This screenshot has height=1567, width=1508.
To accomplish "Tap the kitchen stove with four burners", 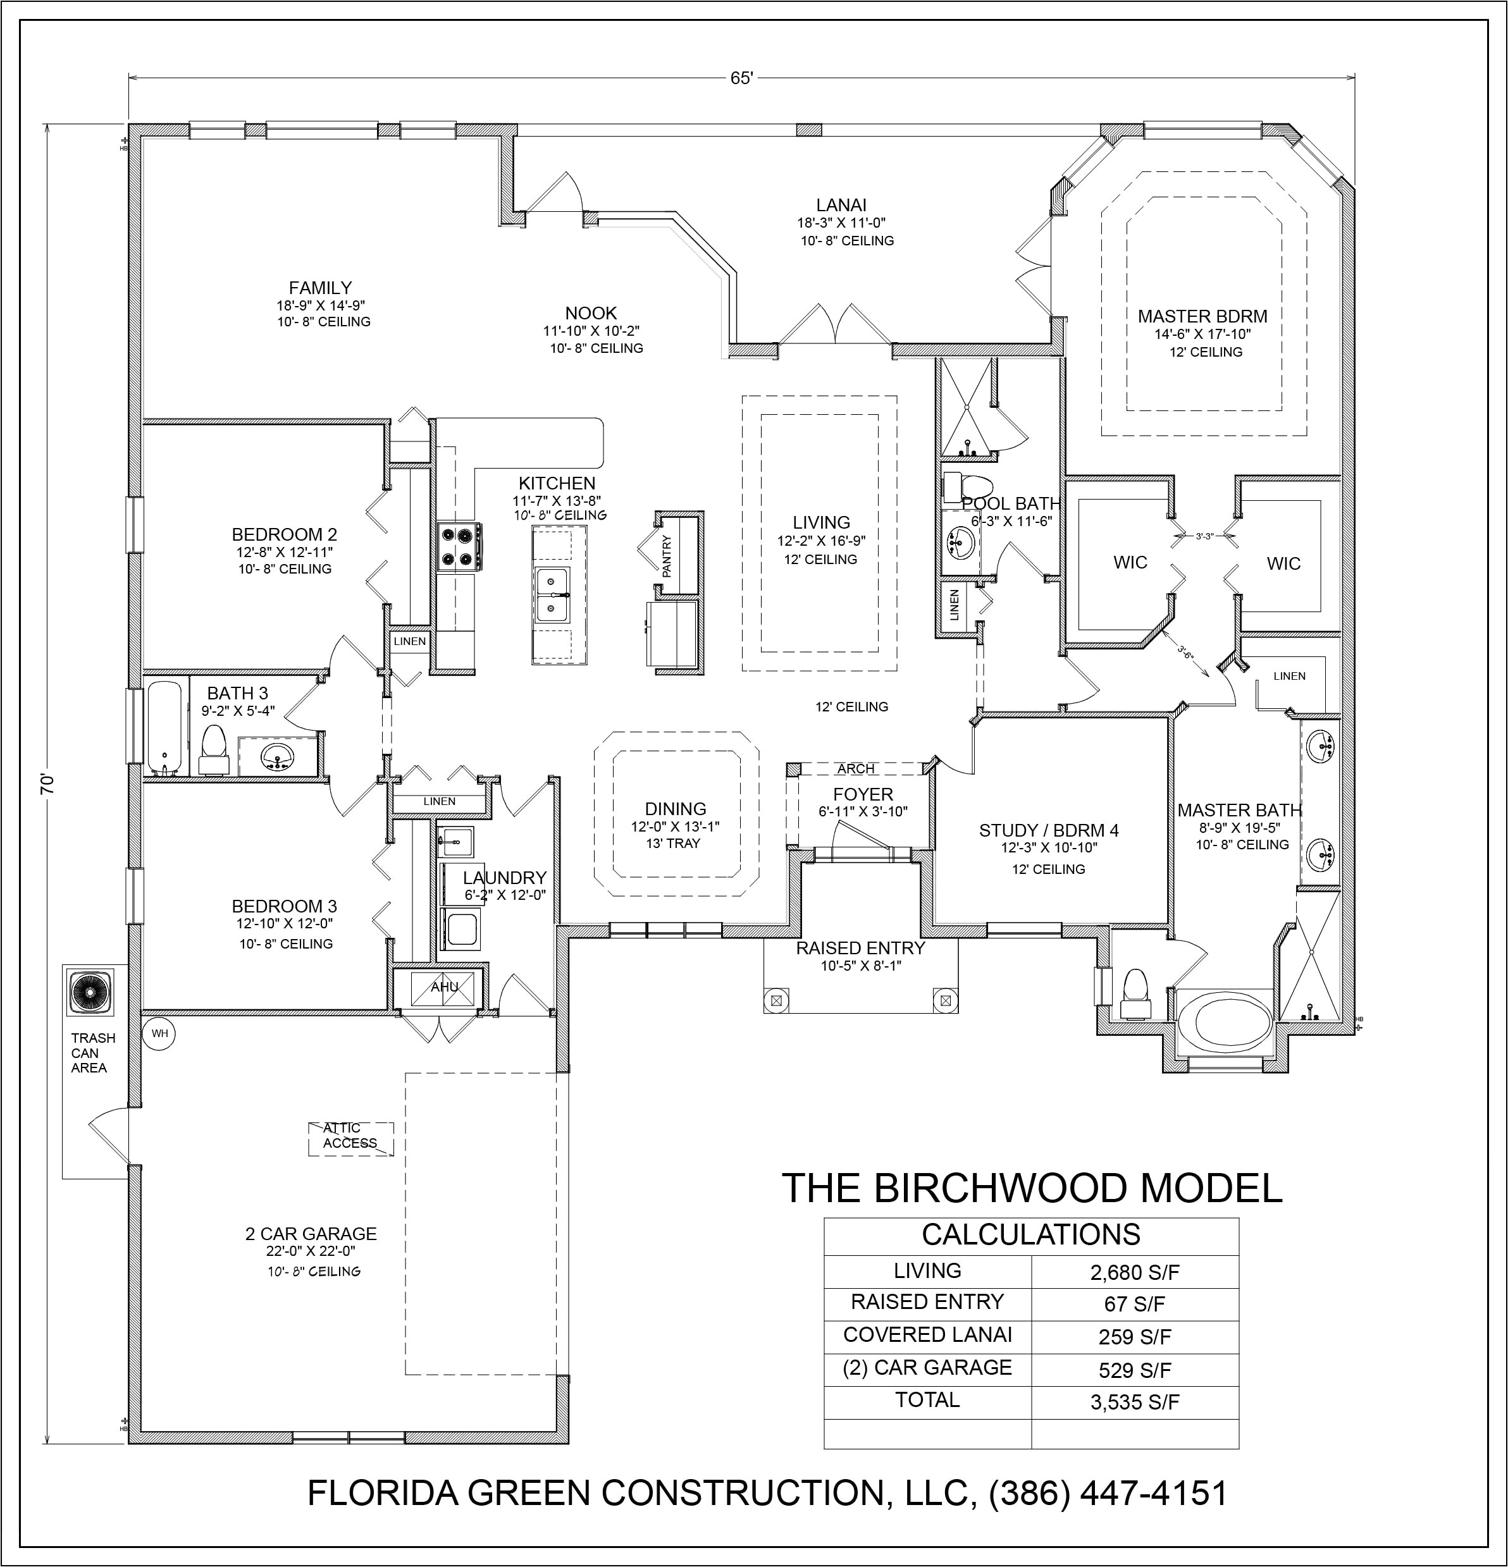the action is (459, 546).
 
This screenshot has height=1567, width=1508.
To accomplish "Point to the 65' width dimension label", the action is (741, 78).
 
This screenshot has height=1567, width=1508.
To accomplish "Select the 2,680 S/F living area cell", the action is (1135, 1272).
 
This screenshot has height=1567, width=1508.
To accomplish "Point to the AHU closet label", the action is (445, 987).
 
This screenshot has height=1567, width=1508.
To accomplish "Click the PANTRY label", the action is (667, 556).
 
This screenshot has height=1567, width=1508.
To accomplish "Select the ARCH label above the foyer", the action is (856, 769).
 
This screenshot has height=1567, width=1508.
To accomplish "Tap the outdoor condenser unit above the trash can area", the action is (89, 994).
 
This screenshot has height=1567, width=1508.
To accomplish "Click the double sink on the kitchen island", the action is (552, 595).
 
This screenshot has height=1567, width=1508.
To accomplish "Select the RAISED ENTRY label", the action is (860, 948).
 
